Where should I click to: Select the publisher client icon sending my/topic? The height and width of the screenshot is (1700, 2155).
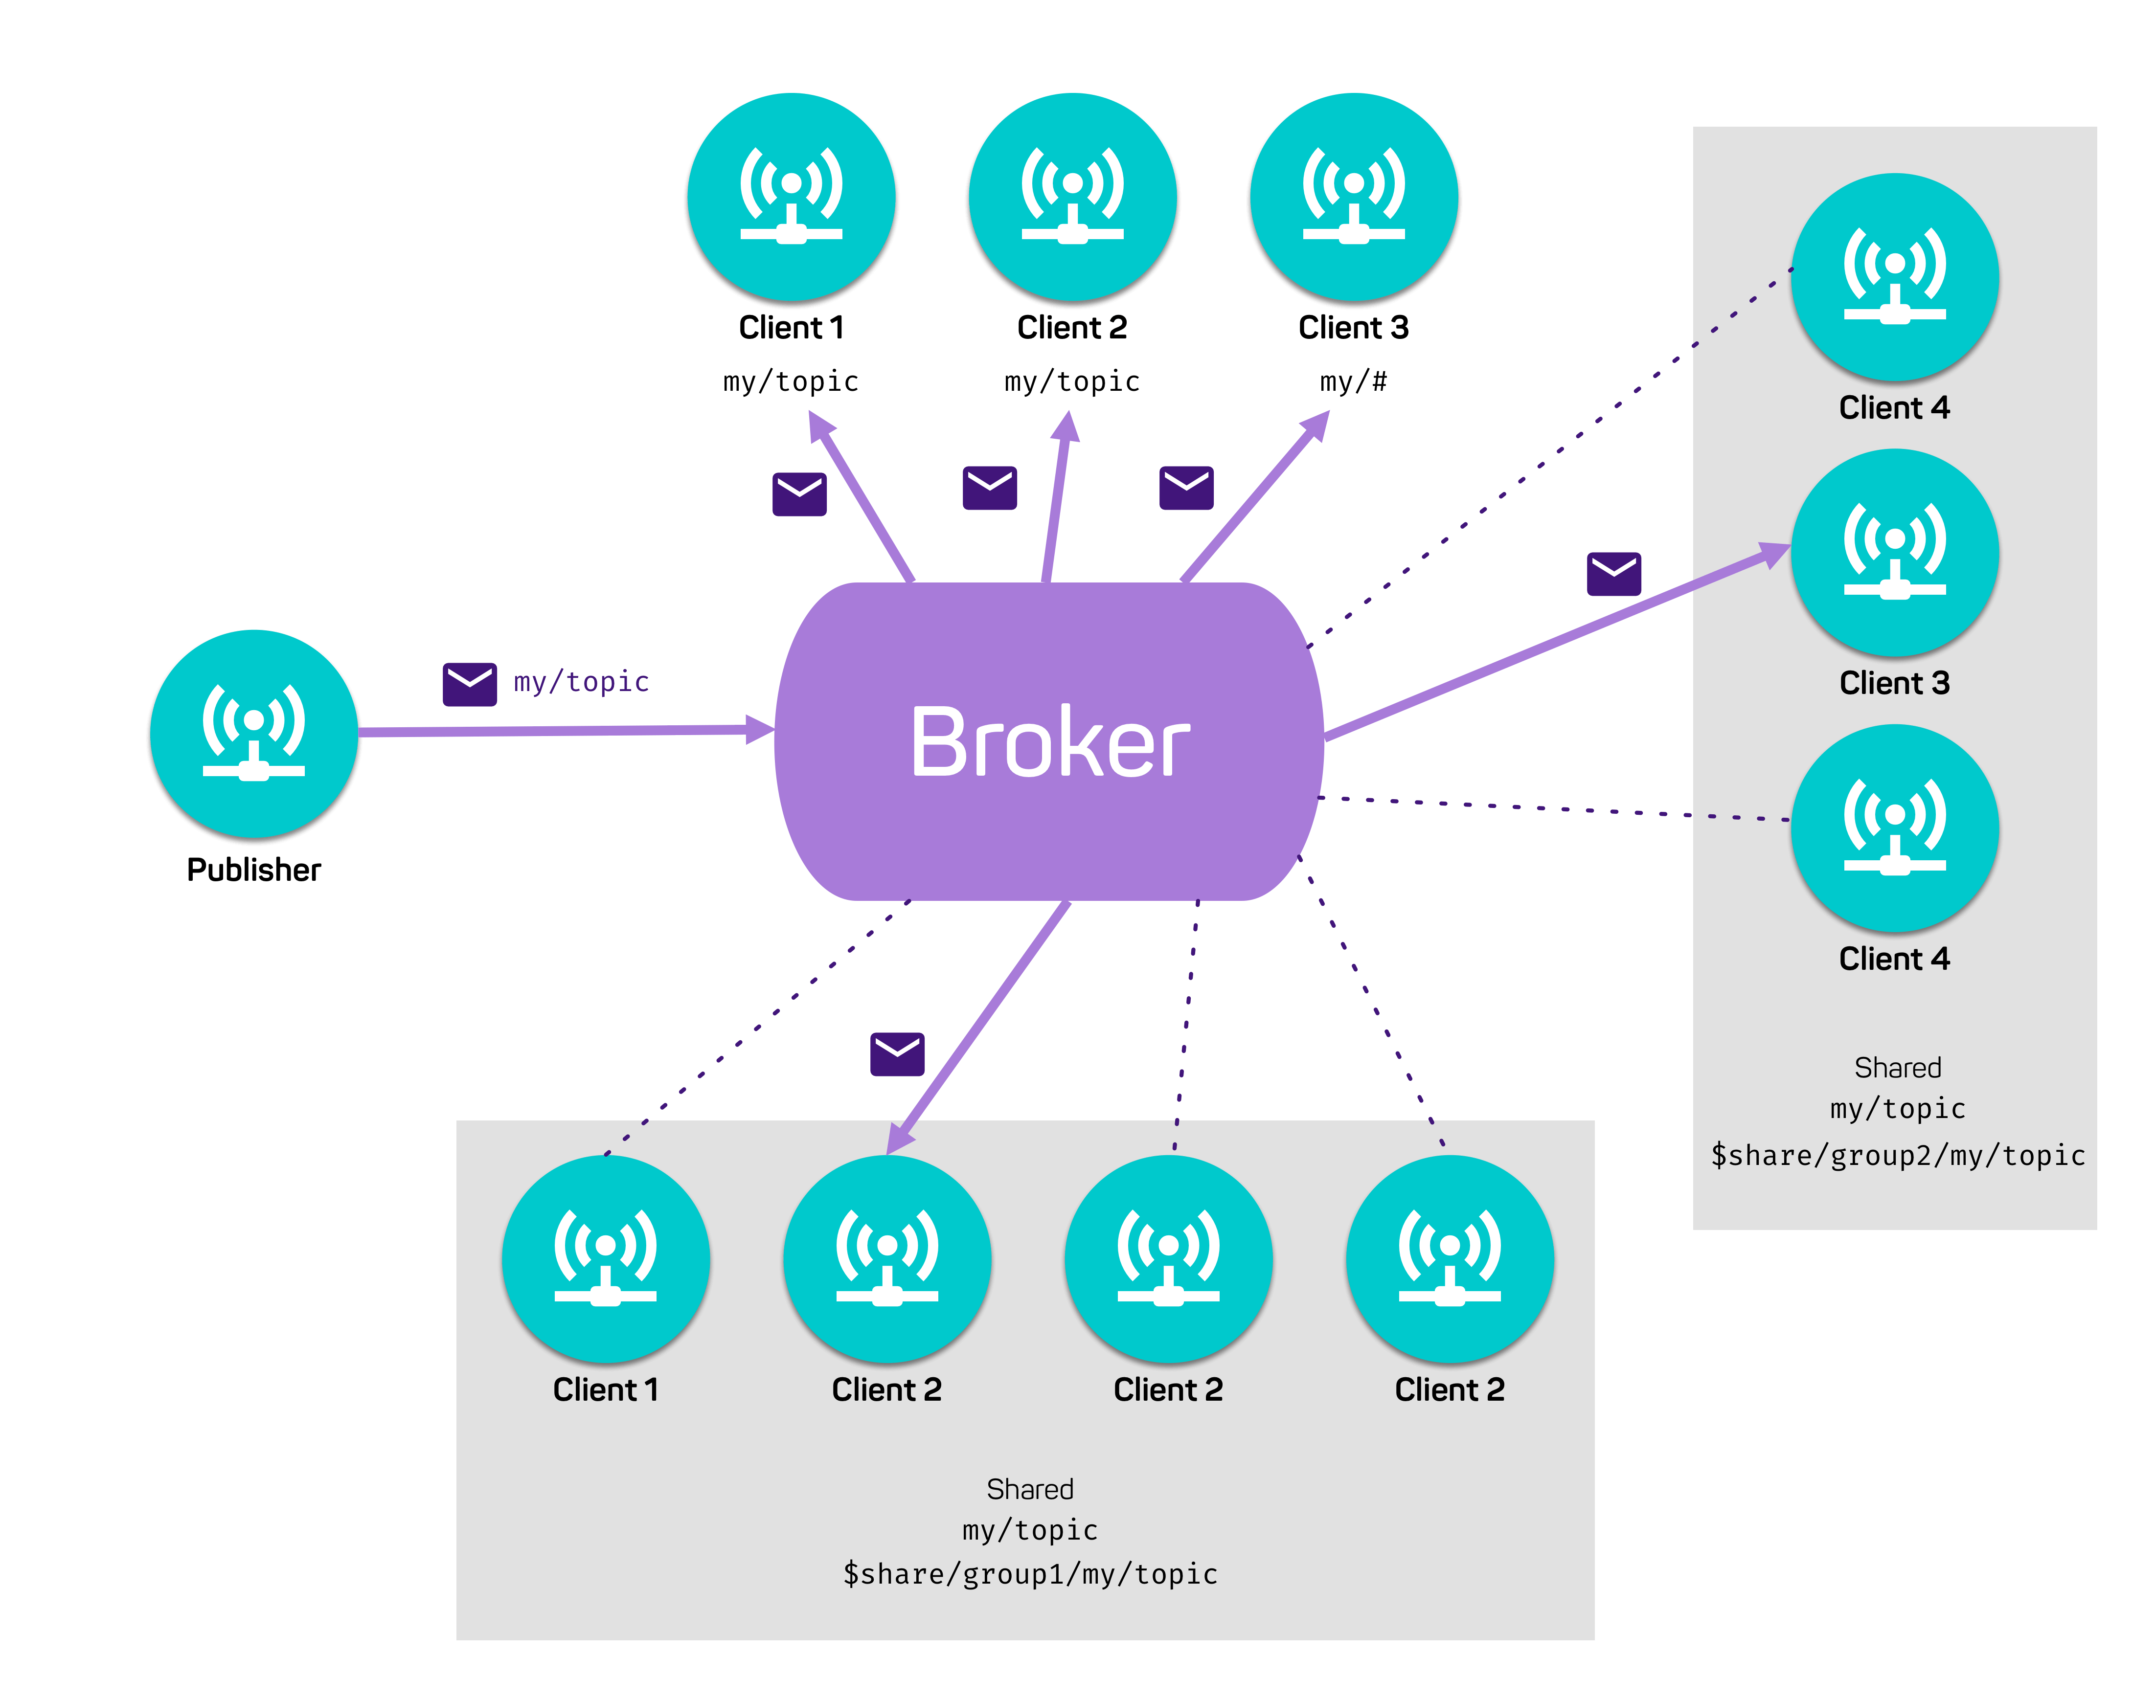pos(254,734)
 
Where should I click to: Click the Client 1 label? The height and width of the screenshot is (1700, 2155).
pos(605,1389)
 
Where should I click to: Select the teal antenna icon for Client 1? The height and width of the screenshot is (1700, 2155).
pos(605,1259)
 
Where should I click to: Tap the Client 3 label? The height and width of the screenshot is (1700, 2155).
pos(1894,683)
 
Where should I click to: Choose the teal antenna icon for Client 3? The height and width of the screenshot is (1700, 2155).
pos(1894,552)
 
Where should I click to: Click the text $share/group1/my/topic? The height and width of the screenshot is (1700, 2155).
pos(1030,1574)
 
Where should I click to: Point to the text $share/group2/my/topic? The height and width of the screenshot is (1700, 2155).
pos(1897,1155)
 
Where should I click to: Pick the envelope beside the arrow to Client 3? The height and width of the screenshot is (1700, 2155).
pos(1613,574)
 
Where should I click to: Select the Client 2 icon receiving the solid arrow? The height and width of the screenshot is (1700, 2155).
pos(887,1259)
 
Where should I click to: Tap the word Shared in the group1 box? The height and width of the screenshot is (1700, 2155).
pos(1030,1489)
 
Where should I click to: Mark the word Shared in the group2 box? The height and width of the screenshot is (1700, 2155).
pos(1897,1067)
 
